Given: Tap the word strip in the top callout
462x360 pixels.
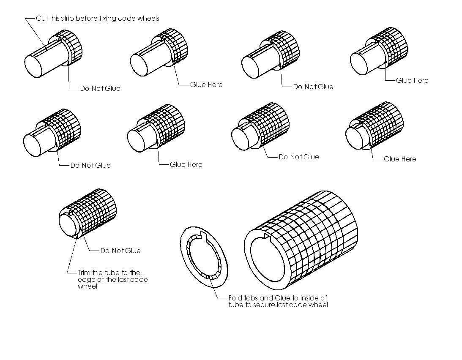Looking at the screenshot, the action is click(x=67, y=19).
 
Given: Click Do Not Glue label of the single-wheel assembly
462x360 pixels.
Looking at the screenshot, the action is click(x=100, y=88).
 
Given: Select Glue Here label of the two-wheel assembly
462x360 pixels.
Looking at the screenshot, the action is click(x=206, y=85).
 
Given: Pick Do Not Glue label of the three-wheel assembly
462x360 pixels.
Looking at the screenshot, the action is click(x=313, y=87).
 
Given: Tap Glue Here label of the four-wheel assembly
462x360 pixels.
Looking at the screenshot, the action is click(x=412, y=80).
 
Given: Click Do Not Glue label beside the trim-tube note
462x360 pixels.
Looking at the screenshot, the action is click(x=120, y=251).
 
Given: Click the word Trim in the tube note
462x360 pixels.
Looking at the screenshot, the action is click(x=85, y=273).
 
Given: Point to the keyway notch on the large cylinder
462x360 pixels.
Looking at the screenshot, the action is click(x=267, y=236).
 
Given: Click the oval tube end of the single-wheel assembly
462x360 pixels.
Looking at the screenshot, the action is click(x=33, y=66).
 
